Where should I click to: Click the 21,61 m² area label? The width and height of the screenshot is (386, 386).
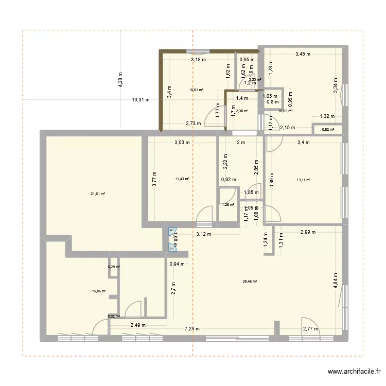pos(98,194)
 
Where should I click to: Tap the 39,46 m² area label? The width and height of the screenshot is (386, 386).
pos(250,282)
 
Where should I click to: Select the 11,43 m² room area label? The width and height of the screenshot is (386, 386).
pos(182,179)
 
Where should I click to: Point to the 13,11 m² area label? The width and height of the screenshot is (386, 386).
pos(304,180)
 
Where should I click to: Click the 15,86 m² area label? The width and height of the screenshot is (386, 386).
pos(99,291)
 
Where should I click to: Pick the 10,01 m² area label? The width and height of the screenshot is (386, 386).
pos(196,90)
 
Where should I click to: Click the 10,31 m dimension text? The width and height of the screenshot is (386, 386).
pos(141,100)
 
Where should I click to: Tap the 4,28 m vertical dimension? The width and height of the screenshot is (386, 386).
pos(120,80)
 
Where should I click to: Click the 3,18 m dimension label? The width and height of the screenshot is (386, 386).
pos(198,60)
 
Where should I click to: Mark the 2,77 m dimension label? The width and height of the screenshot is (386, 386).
pos(310,329)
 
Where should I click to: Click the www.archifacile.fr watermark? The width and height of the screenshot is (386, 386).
pos(354,372)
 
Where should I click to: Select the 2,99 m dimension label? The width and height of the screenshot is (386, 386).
pos(309,232)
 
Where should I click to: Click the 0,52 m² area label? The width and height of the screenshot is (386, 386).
pos(328,130)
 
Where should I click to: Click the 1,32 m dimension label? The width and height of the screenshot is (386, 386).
pos(327,117)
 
